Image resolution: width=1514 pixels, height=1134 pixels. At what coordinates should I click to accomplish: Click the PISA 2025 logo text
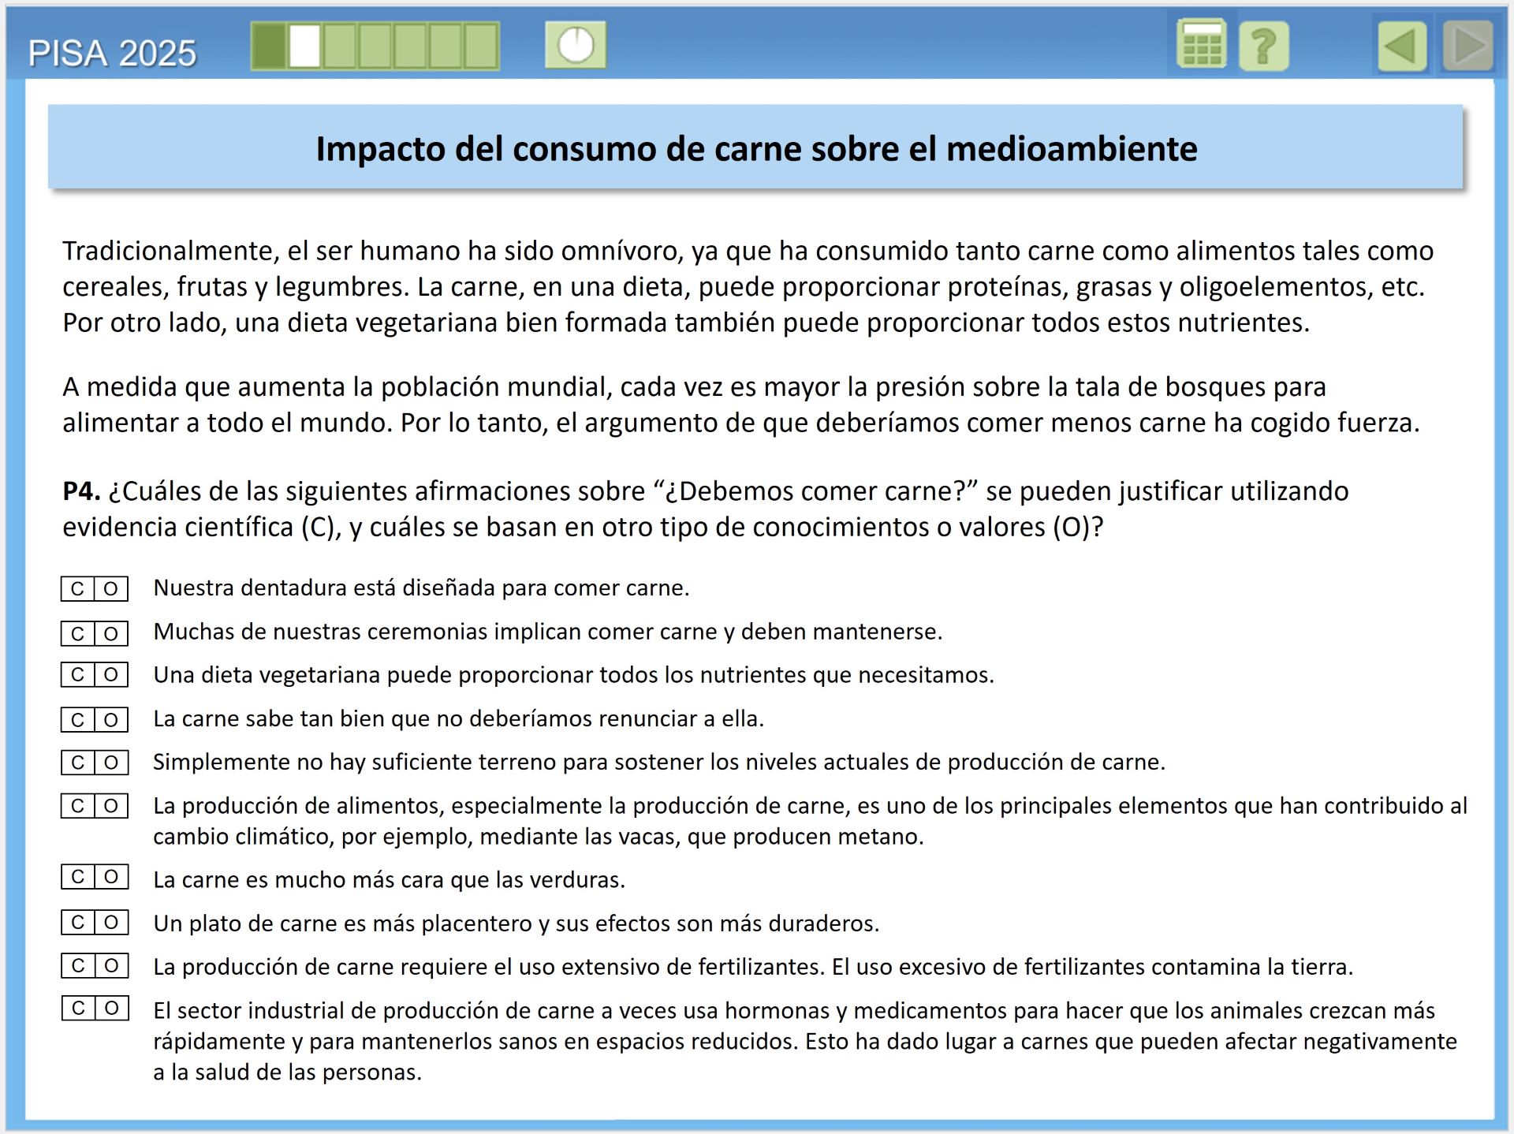pos(112,54)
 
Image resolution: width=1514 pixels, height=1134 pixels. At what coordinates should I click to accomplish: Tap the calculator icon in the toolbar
pos(1201,45)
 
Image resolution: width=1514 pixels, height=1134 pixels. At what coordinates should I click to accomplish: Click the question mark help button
pos(1263,47)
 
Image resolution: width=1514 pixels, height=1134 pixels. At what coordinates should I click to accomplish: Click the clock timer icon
pos(576,45)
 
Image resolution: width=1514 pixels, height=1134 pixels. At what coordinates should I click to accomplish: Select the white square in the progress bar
pos(304,46)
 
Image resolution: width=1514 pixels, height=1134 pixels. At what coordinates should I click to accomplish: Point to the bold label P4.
pos(81,491)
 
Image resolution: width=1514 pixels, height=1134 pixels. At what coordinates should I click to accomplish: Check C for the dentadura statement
pos(77,589)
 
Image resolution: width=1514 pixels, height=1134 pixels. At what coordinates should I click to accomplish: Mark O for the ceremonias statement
pos(111,633)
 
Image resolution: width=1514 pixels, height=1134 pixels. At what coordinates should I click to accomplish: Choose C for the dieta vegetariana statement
pos(77,675)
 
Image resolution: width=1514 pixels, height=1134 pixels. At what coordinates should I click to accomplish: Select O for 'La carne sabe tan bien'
pos(111,719)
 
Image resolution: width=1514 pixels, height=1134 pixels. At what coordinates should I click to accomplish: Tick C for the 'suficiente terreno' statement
pos(77,763)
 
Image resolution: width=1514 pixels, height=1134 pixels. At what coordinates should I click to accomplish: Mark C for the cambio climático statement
pos(77,806)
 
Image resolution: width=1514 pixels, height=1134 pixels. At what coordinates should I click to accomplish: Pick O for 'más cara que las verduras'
pos(111,877)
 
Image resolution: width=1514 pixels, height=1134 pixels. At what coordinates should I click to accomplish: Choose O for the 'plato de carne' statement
pos(111,922)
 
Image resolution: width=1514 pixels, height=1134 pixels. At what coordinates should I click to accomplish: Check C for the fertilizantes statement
pos(77,965)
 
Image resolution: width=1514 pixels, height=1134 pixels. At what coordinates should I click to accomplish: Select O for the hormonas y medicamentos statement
pos(111,1008)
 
